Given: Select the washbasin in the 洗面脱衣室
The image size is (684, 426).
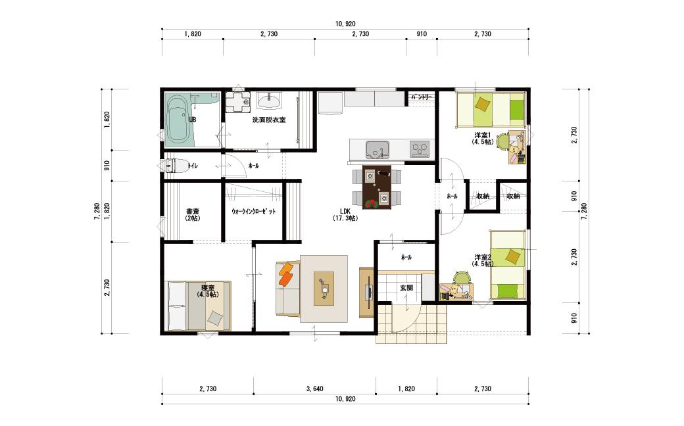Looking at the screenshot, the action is (269, 102).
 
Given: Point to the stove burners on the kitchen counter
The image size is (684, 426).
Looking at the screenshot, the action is (420, 149).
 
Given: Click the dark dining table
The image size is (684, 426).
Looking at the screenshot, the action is (376, 187).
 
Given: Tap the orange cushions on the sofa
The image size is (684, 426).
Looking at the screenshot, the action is (285, 274).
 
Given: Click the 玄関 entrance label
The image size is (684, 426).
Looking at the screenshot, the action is (406, 288).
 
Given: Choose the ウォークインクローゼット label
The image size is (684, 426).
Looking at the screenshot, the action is (253, 212).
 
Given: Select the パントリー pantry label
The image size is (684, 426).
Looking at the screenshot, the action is (422, 97).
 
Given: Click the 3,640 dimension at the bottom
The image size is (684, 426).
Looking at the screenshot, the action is (314, 389).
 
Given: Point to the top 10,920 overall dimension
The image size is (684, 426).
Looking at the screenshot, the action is (345, 24).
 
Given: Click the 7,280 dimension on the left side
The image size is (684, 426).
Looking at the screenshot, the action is (97, 212).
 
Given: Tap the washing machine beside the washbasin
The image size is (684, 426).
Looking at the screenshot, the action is (237, 102).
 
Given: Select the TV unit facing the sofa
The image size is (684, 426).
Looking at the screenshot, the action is (366, 293).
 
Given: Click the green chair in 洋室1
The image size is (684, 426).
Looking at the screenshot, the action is (502, 141).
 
